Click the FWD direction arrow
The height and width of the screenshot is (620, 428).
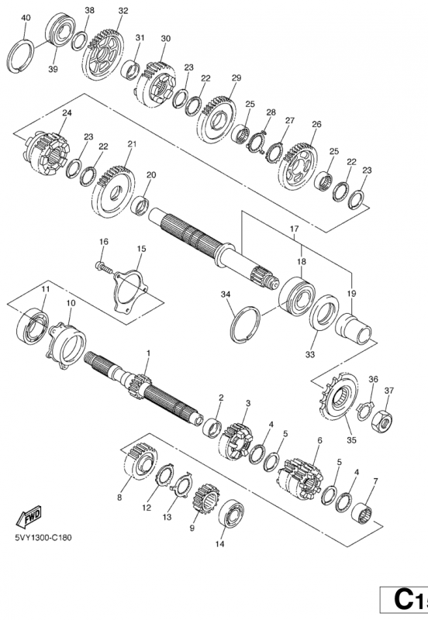tap(29, 516)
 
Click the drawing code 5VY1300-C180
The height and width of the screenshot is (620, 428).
tap(44, 538)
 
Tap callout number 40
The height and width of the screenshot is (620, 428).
tap(26, 18)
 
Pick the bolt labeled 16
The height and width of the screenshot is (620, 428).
tap(105, 267)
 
